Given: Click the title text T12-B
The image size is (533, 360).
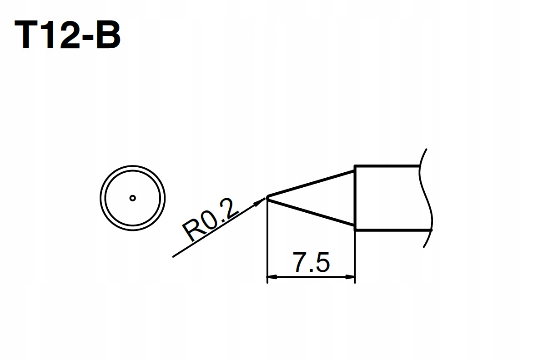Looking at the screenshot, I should click(x=68, y=35).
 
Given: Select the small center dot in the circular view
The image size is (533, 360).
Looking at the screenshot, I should click(x=132, y=198).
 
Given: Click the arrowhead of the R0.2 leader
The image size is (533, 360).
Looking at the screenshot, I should click(x=262, y=200).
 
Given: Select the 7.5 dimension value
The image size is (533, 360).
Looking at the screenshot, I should click(x=311, y=263).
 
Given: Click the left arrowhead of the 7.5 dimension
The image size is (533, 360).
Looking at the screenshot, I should click(x=271, y=276).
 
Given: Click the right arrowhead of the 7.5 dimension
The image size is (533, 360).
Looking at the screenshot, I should click(x=351, y=276).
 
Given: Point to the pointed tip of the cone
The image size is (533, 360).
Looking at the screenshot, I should click(x=267, y=197).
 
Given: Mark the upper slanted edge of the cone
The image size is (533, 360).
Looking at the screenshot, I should click(x=311, y=184).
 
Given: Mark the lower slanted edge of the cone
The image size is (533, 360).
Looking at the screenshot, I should click(x=311, y=211).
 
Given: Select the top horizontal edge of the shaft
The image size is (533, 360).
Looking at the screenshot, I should click(x=387, y=166).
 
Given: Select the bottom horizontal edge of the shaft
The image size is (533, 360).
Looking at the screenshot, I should click(x=387, y=230).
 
